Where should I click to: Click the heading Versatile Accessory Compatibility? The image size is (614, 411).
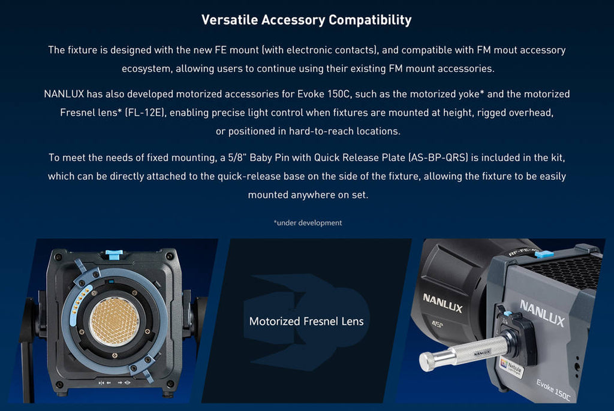coord(306,20)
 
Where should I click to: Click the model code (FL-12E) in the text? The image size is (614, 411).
coord(145,113)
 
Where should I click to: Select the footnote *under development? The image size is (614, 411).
coord(308,223)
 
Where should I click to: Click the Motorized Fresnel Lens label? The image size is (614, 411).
coord(306,321)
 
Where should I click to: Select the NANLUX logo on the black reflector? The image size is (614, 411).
coord(443,303)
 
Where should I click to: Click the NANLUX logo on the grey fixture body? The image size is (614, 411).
coord(542,313)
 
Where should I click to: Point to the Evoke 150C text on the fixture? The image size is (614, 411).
coord(553,389)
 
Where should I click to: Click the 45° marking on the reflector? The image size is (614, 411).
coord(437,324)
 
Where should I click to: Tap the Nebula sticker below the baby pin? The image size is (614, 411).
coord(511,367)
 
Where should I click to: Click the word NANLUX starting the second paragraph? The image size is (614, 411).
coord(64,94)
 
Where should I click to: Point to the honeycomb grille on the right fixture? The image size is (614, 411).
coord(564,270)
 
